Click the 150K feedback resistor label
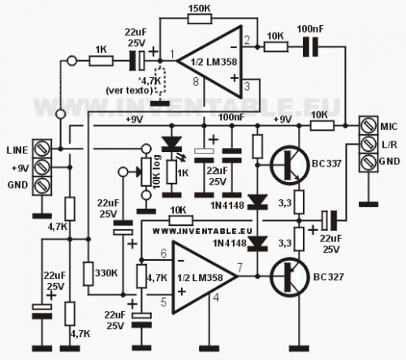(x=199, y=8)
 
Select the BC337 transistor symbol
(x=290, y=166)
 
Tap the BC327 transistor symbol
(x=290, y=278)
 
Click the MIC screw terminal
(x=368, y=126)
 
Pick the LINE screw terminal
(x=42, y=149)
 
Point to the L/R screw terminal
(x=368, y=144)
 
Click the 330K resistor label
(x=106, y=273)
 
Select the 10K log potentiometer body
(x=146, y=172)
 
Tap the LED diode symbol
(x=171, y=144)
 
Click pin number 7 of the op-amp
(x=240, y=267)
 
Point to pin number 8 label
(x=196, y=82)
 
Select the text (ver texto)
(x=129, y=90)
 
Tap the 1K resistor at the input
(x=101, y=61)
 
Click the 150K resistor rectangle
(x=200, y=19)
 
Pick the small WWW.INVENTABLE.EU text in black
(x=202, y=231)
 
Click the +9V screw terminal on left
(x=42, y=167)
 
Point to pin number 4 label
(x=216, y=297)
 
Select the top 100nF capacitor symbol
(x=310, y=47)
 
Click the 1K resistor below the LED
(x=171, y=172)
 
